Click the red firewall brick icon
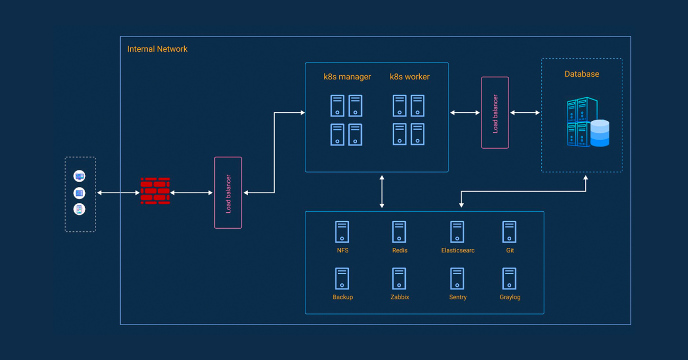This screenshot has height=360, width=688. [x=155, y=191]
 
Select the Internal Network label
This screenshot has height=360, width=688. [x=157, y=49]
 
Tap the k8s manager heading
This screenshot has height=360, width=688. [x=347, y=77]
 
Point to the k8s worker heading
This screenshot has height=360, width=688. [x=410, y=77]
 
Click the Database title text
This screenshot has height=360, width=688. [x=582, y=74]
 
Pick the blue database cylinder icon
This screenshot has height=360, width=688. [x=600, y=133]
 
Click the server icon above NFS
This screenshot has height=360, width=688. [x=342, y=232]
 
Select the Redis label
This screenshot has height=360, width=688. [x=400, y=250]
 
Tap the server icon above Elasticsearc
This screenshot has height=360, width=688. [x=457, y=232]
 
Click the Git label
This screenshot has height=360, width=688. [x=510, y=250]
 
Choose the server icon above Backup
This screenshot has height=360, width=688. [x=342, y=278]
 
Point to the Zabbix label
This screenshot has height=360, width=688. [x=400, y=297]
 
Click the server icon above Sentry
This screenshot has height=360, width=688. [x=457, y=278]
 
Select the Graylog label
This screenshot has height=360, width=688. [x=510, y=297]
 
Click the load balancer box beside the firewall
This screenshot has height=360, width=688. [x=228, y=193]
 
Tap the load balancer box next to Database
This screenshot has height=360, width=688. [x=495, y=113]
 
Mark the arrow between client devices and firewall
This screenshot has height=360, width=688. [x=119, y=193]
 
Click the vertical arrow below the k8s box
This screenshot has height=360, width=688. [x=382, y=192]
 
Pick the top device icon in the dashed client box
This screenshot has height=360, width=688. [x=79, y=176]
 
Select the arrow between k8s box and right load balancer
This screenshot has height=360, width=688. [x=465, y=113]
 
